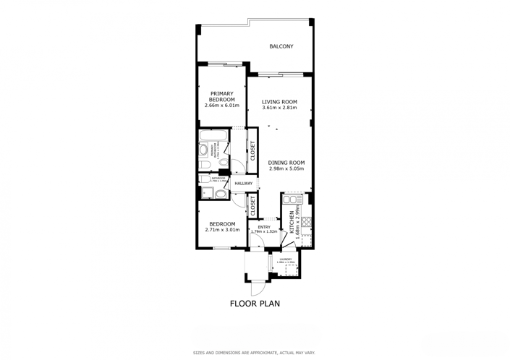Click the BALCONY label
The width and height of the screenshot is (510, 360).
click(281, 47)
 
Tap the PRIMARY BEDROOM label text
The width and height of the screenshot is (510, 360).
click(222, 96)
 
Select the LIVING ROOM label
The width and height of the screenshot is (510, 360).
click(280, 102)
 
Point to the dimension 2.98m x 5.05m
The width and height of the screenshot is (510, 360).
click(286, 169)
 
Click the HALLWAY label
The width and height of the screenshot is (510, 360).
click(244, 184)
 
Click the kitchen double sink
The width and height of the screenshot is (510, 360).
click(292, 199)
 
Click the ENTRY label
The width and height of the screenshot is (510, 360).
click(263, 227)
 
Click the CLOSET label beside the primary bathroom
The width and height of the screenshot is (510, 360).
click(252, 150)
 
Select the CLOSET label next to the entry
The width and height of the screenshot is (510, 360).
click(253, 205)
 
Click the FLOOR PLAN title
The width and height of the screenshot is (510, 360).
click(255, 304)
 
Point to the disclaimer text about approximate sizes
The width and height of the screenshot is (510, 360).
click(254, 353)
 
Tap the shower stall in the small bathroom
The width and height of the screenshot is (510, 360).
click(206, 192)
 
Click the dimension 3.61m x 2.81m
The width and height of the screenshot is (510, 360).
click(280, 108)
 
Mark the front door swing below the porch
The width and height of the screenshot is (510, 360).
click(255, 288)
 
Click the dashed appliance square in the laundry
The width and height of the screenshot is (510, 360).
click(292, 270)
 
